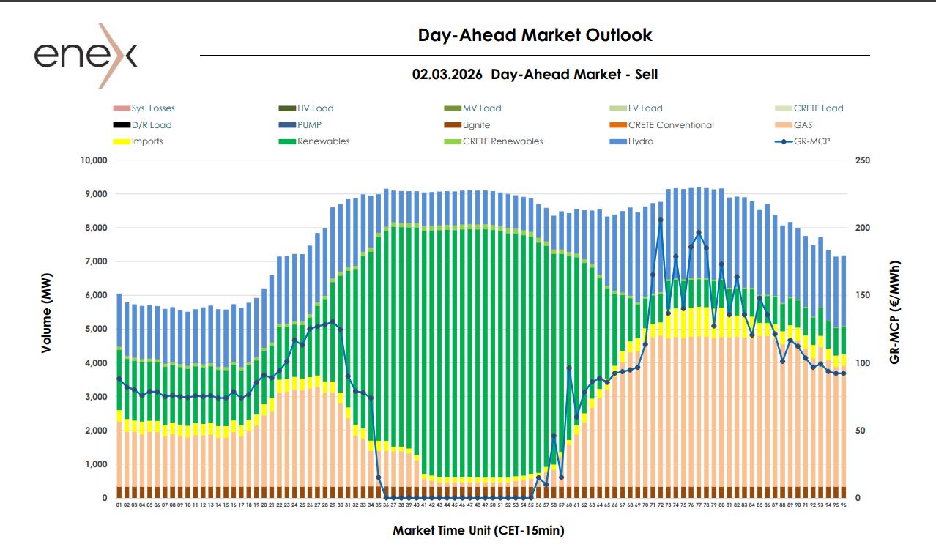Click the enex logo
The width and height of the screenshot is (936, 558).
click(86, 56)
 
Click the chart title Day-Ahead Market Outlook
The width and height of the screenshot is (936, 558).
click(535, 34)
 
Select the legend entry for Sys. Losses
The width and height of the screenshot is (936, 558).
click(153, 108)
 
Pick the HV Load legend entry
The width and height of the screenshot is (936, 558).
click(315, 108)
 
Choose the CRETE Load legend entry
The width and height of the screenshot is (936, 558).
click(818, 108)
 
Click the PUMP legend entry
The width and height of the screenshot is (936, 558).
click(309, 125)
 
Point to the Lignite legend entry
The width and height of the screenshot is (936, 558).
click(476, 125)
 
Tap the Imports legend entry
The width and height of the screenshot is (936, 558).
click(147, 141)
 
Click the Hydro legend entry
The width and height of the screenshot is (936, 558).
click(641, 141)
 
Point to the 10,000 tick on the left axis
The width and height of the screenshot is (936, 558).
click(94, 160)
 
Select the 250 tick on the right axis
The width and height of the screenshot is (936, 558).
click(862, 160)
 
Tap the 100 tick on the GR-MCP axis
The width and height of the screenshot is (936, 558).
click(862, 363)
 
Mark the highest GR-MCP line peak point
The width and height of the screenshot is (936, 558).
click(661, 220)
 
